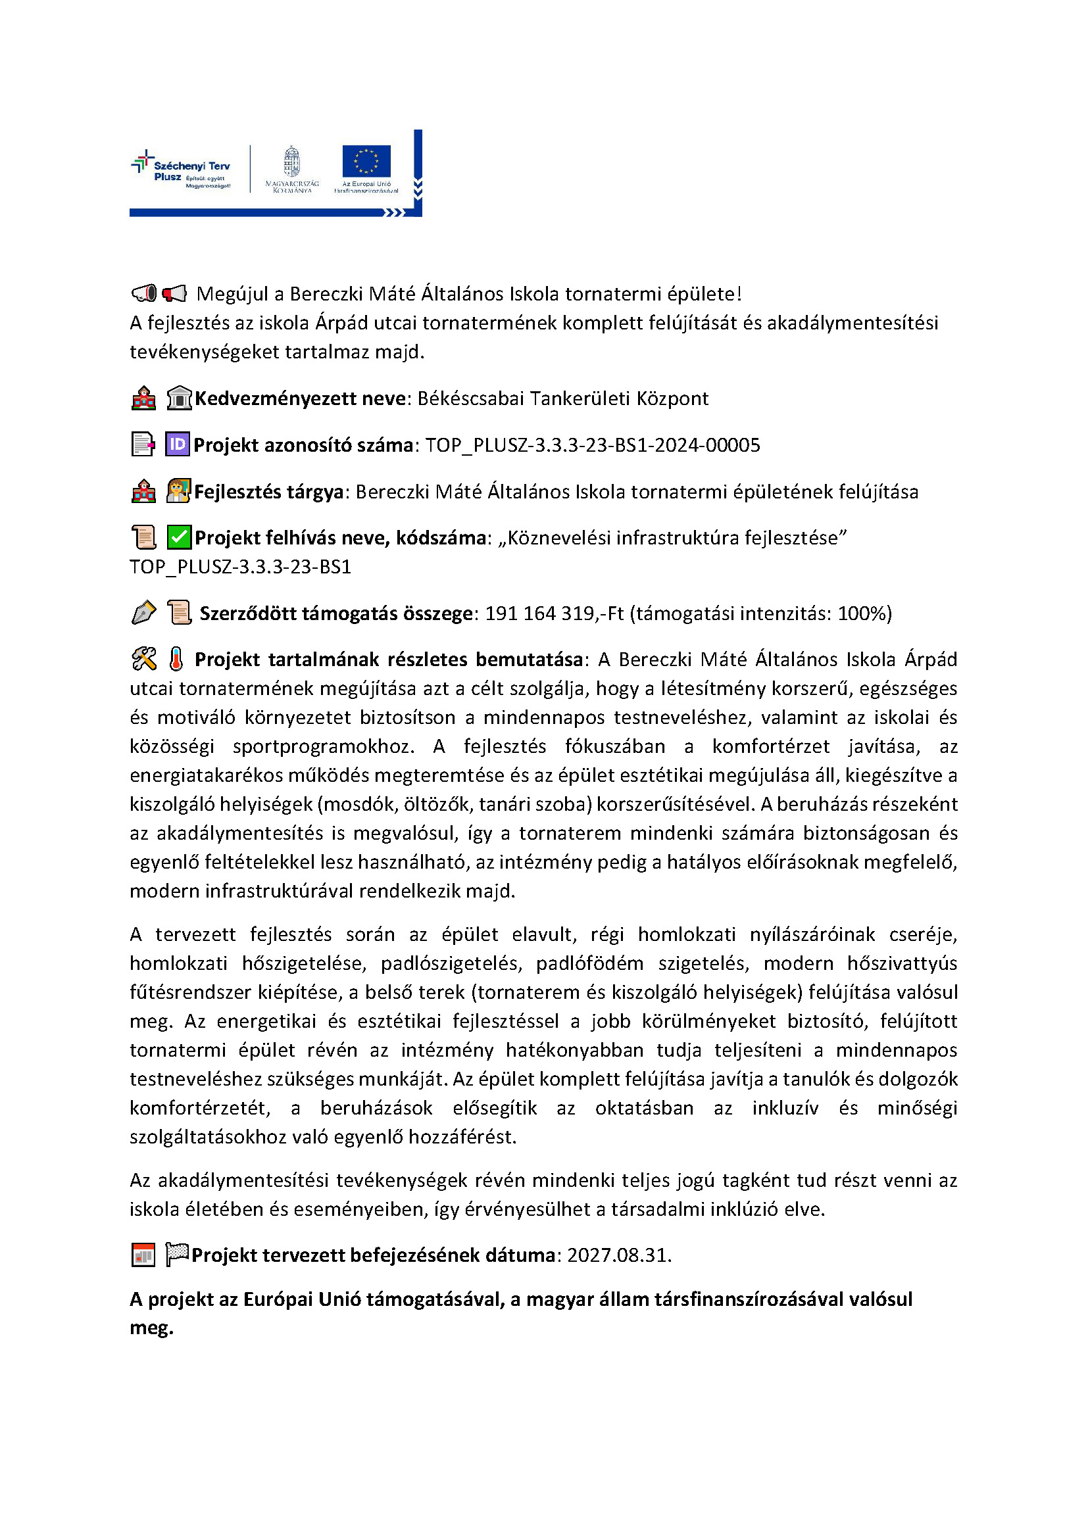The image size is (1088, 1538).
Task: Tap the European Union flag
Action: (366, 162)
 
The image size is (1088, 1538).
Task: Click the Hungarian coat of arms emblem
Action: (291, 162)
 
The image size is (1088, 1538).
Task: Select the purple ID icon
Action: (178, 444)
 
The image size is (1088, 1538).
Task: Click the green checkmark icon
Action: (179, 537)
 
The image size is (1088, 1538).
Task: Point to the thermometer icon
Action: (176, 659)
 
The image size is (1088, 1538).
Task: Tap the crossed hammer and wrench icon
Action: (144, 659)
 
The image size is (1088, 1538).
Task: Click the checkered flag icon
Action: (177, 1254)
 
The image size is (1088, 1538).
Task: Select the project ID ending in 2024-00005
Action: (592, 445)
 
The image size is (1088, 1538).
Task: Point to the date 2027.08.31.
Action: (619, 1255)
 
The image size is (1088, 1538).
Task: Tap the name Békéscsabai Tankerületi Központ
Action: (563, 398)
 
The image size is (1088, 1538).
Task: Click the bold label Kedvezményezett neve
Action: (300, 398)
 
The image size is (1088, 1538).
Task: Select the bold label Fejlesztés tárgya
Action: (268, 492)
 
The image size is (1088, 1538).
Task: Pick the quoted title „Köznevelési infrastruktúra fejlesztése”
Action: (673, 538)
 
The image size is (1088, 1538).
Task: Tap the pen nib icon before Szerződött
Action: (143, 613)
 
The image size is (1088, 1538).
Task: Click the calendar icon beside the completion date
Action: (143, 1255)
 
